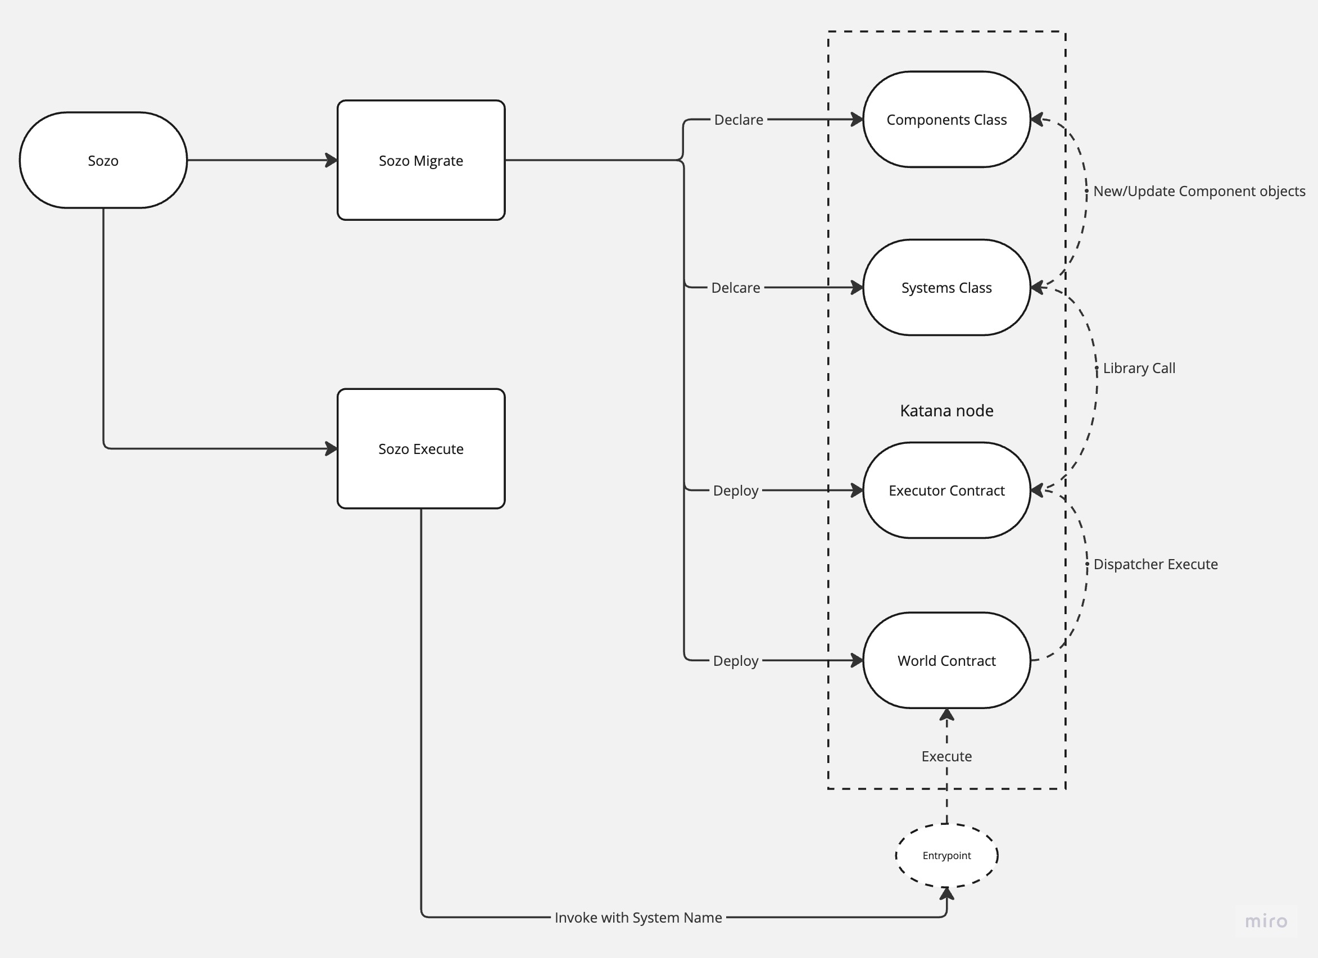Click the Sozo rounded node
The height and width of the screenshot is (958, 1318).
(103, 160)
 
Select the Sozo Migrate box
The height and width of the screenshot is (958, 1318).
(421, 160)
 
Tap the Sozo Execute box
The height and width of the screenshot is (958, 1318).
(421, 448)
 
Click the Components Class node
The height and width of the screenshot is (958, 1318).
(946, 120)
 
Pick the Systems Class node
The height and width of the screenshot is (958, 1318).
(946, 288)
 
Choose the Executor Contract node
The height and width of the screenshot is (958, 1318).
(946, 491)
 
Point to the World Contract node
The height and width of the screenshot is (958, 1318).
(946, 661)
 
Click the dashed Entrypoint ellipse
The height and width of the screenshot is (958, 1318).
(946, 855)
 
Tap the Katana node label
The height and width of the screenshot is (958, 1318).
(946, 411)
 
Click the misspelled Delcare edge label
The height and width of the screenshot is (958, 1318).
(735, 288)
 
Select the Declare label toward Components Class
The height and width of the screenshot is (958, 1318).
(738, 120)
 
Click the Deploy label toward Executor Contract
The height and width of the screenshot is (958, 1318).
(735, 491)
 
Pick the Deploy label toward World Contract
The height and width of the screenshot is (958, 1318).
(735, 661)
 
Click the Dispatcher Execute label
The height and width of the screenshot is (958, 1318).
(1154, 564)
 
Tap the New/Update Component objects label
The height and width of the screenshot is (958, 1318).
(1198, 191)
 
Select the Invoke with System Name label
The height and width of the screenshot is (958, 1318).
(637, 918)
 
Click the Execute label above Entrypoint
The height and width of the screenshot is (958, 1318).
(946, 756)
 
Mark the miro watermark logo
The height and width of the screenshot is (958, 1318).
(1266, 921)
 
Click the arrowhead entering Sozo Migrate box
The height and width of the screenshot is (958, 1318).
(331, 160)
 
